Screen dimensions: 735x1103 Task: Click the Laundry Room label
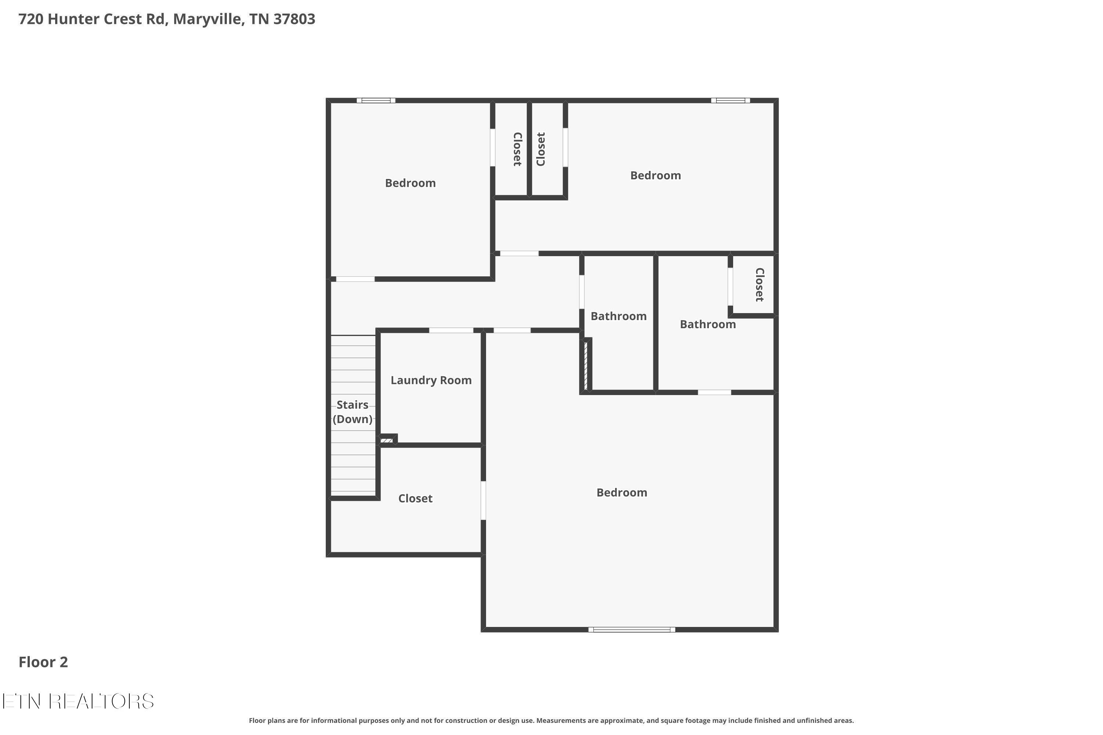[431, 380]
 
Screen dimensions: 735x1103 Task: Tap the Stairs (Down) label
[353, 412]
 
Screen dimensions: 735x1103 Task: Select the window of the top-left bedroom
[376, 100]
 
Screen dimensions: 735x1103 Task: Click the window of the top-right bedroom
[730, 100]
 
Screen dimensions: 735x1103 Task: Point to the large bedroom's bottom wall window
[632, 630]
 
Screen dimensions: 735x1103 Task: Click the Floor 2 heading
[43, 662]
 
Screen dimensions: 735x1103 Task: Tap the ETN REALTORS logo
[78, 701]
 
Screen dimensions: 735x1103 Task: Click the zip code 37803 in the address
[294, 19]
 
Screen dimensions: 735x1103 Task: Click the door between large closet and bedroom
[483, 500]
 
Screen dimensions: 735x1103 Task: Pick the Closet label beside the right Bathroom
[760, 284]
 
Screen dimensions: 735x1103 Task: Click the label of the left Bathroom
[618, 316]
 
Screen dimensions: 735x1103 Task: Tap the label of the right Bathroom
[708, 325]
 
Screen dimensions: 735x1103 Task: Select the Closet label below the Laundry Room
[415, 498]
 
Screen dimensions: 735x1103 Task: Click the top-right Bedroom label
[655, 176]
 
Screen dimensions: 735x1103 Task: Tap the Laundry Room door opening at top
[451, 330]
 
